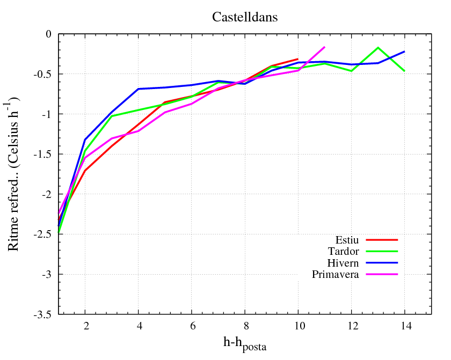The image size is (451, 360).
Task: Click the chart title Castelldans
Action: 244,17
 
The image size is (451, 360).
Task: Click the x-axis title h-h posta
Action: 244,342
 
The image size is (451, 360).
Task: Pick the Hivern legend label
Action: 343,263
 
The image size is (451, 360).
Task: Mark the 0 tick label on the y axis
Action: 49,34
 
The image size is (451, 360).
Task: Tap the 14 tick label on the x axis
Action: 405,326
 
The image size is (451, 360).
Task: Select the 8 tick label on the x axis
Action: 245,326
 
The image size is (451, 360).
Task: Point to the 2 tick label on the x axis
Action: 85,326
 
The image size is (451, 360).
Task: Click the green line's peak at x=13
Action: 378,48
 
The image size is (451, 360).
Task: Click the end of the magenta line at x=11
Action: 325,47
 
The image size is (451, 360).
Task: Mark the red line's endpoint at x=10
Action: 298,59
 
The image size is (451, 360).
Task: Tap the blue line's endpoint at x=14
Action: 405,52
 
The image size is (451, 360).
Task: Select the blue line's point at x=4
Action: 138,89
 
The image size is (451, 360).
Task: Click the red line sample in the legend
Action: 381,239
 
